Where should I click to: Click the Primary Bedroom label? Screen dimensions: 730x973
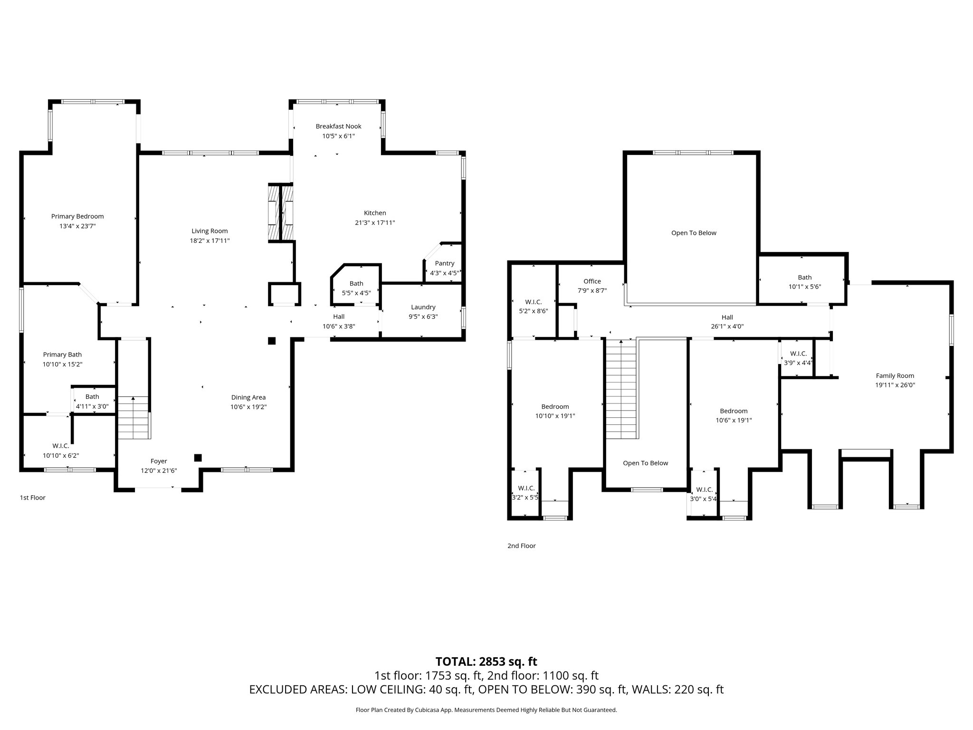click(77, 216)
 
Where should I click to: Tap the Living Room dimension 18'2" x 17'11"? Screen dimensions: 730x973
click(210, 241)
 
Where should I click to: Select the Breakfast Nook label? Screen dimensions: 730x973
click(338, 126)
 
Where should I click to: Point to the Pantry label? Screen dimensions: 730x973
click(445, 263)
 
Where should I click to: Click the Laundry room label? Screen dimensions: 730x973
click(423, 307)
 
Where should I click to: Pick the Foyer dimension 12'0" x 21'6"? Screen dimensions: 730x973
click(159, 471)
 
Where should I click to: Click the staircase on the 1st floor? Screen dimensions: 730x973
click(134, 417)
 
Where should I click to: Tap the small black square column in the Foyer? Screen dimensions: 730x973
click(198, 458)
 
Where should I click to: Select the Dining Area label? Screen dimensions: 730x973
click(248, 397)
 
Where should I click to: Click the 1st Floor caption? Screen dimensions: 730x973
click(32, 498)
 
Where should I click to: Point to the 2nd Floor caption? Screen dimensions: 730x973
click(521, 546)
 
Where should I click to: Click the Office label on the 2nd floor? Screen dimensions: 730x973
click(592, 281)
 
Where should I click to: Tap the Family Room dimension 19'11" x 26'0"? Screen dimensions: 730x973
click(895, 385)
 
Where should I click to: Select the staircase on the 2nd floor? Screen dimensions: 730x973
click(620, 390)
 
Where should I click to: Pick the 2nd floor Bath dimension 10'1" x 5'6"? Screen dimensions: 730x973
click(805, 287)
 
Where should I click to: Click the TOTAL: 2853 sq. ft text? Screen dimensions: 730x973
click(486, 661)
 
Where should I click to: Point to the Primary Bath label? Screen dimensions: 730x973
click(62, 355)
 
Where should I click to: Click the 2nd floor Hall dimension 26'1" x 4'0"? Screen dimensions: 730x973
click(727, 327)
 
